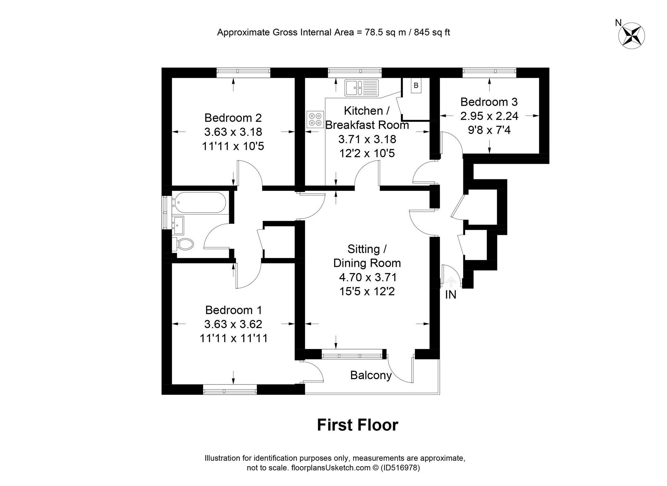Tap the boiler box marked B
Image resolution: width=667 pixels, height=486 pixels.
(x=416, y=85)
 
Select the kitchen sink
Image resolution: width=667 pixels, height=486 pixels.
(x=361, y=87)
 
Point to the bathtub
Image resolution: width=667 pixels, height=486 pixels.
(x=199, y=202)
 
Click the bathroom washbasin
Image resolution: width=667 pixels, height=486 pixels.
(x=178, y=225)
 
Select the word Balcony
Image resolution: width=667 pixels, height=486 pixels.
(x=371, y=375)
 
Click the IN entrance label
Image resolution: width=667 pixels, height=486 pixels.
(x=451, y=295)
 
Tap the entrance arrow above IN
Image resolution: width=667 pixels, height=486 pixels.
(x=451, y=281)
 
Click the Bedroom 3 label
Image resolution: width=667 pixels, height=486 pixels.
(x=489, y=102)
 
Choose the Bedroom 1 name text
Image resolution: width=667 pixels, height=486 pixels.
(x=234, y=310)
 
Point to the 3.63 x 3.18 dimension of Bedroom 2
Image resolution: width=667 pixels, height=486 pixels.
(x=233, y=132)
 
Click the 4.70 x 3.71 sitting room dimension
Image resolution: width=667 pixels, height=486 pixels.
(x=368, y=277)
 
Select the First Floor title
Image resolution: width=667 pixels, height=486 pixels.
(x=358, y=425)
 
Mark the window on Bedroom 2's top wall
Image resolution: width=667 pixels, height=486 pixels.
(x=244, y=72)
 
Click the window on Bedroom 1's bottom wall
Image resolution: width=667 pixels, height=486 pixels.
(x=230, y=389)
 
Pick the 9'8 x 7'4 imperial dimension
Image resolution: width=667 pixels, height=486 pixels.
(x=489, y=130)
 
